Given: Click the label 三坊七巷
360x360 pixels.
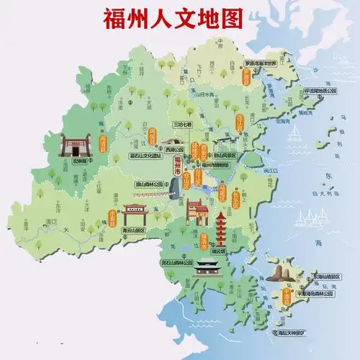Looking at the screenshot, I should pos(184,125).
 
